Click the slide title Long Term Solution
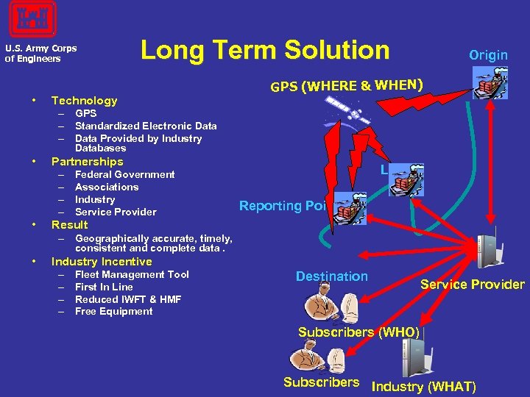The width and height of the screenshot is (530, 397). pyautogui.click(x=265, y=50)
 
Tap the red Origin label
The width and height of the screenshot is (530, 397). pyautogui.click(x=488, y=55)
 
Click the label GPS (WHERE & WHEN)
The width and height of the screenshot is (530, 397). pyautogui.click(x=347, y=86)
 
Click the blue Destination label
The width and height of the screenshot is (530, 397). pyautogui.click(x=331, y=276)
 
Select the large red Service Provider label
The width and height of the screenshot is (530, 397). pyautogui.click(x=472, y=285)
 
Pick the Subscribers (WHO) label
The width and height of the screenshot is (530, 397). pyautogui.click(x=358, y=332)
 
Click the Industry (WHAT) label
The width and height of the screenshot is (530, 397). pyautogui.click(x=424, y=387)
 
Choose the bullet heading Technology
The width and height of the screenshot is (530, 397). pyautogui.click(x=84, y=101)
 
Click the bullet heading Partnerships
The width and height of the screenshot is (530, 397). pyautogui.click(x=87, y=162)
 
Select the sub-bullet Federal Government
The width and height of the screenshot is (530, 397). pyautogui.click(x=124, y=175)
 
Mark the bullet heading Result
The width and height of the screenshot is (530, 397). pyautogui.click(x=69, y=225)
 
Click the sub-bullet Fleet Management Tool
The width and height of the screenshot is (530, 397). pyautogui.click(x=132, y=274)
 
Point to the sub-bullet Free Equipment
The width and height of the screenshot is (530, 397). pyautogui.click(x=113, y=312)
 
